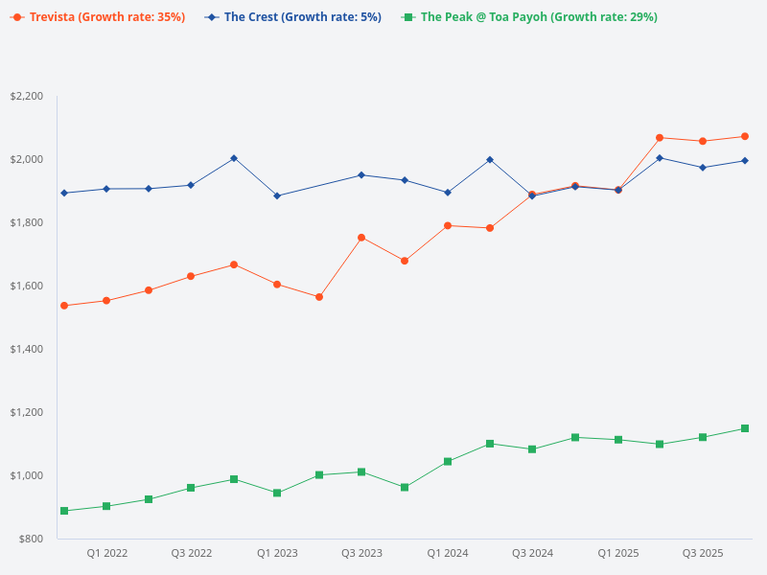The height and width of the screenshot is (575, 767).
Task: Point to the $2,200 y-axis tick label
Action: [26, 96]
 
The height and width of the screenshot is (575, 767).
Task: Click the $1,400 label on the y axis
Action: [26, 349]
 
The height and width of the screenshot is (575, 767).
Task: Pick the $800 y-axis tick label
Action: [30, 539]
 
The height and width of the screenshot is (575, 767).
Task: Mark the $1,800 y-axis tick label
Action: [26, 222]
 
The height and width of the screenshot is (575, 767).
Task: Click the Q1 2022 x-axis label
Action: [106, 553]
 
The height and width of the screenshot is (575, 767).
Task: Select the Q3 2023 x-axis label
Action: [361, 553]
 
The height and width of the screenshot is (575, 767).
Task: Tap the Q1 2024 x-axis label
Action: [447, 553]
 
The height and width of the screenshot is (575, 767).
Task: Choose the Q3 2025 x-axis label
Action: [702, 553]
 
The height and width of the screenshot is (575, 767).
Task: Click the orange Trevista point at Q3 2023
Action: [361, 238]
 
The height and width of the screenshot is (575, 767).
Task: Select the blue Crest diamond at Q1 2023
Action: [277, 195]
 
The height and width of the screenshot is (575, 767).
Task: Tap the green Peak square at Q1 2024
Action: [447, 462]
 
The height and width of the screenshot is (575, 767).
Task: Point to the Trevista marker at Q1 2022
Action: [106, 301]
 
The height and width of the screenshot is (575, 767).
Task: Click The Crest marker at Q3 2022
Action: [191, 185]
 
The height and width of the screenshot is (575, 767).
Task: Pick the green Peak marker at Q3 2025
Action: [702, 437]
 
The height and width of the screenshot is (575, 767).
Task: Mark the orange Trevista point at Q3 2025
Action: [702, 141]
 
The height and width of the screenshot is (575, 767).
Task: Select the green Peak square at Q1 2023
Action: [277, 493]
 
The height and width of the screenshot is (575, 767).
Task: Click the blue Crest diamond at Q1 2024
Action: [447, 193]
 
